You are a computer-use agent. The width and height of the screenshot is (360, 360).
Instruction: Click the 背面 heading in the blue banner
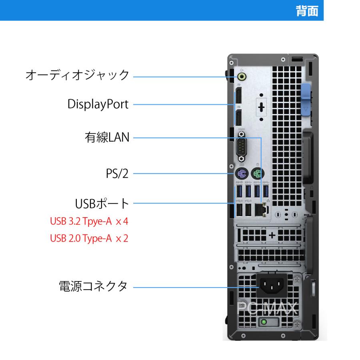pyautogui.click(x=307, y=11)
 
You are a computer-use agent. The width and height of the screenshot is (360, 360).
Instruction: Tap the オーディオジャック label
pyautogui.click(x=77, y=75)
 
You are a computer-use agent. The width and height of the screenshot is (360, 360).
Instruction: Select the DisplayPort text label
pyautogui.click(x=98, y=105)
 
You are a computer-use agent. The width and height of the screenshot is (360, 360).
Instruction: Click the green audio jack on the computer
pyautogui.click(x=242, y=76)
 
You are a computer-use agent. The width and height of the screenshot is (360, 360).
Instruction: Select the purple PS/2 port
pyautogui.click(x=241, y=174)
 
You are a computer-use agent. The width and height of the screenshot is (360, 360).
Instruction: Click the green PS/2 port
pyautogui.click(x=257, y=174)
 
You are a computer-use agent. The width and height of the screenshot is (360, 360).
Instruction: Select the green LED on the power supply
pyautogui.click(x=264, y=322)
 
